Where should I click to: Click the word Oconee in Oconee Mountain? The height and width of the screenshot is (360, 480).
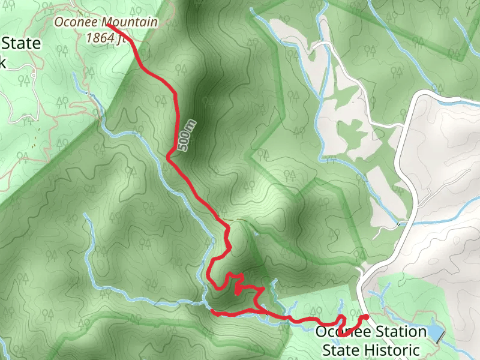pyautogui.click(x=77, y=23)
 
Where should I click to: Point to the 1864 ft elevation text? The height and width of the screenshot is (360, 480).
pyautogui.click(x=106, y=37)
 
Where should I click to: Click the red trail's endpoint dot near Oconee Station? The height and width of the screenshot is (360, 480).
pyautogui.click(x=366, y=317)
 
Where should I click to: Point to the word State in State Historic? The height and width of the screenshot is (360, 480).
pyautogui.click(x=342, y=350)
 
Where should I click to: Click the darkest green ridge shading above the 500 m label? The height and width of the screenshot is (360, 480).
pyautogui.click(x=198, y=66)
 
